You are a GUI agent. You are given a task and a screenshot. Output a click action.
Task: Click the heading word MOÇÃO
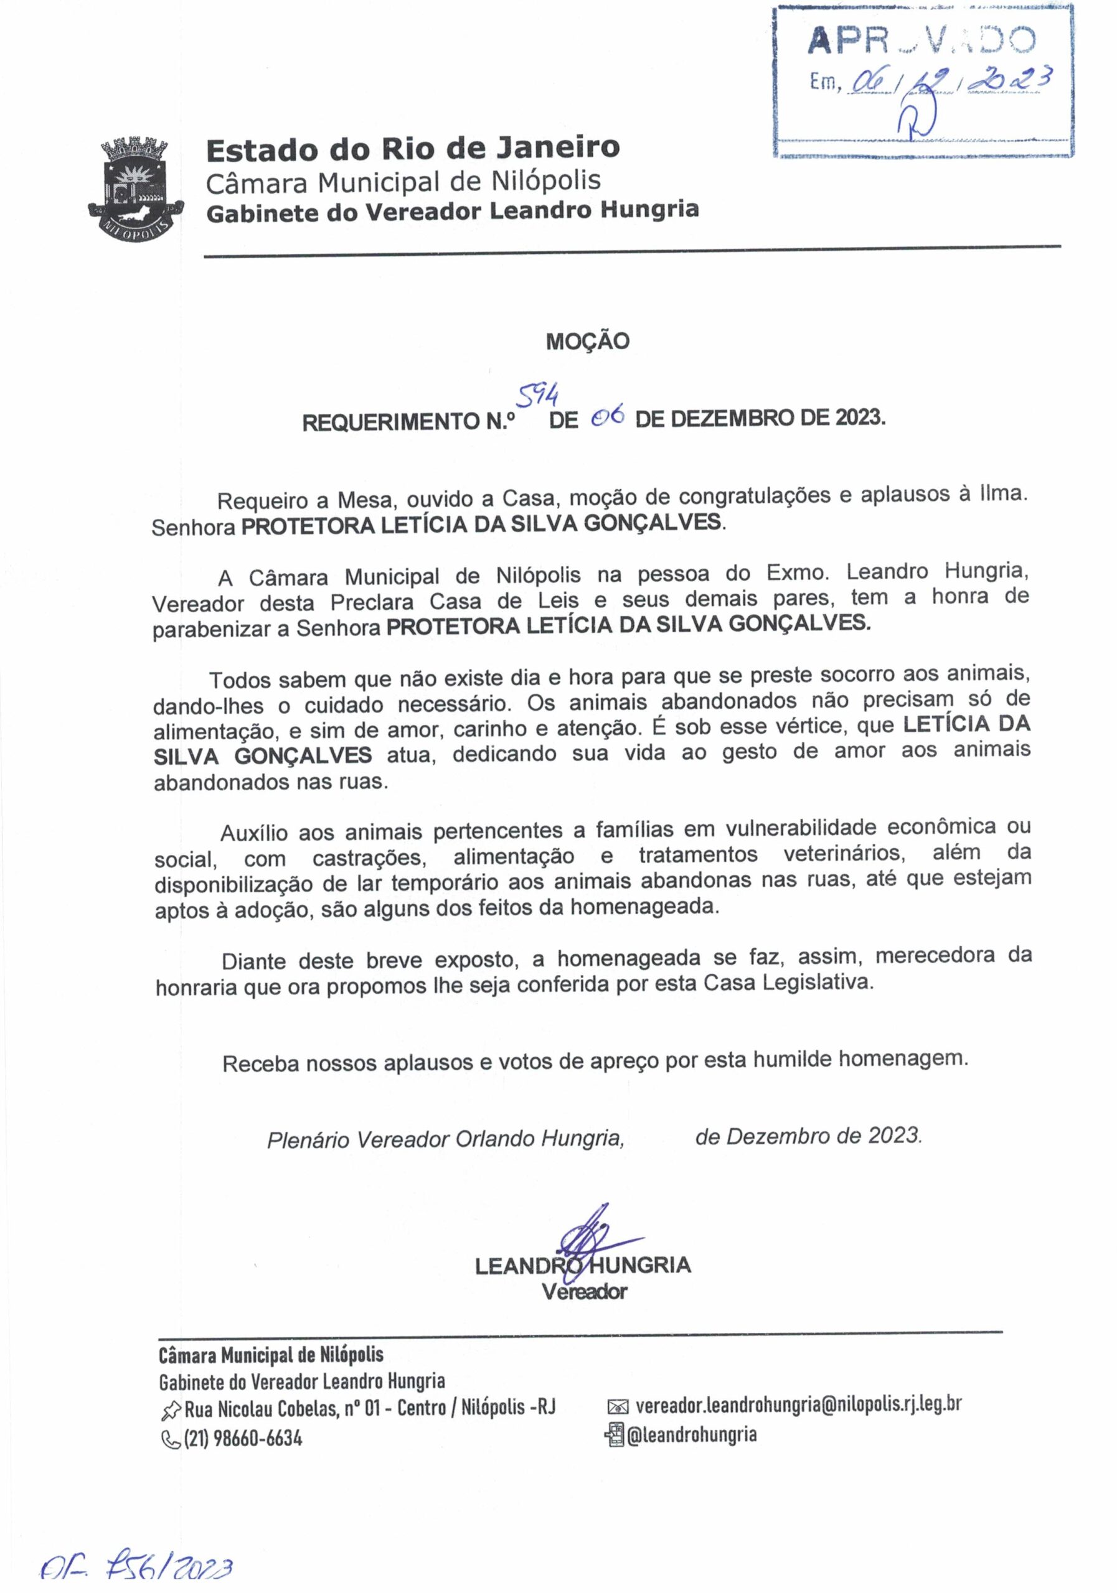(x=587, y=342)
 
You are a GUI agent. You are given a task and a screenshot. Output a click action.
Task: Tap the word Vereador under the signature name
(x=584, y=1291)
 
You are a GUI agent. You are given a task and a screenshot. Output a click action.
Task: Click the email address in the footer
(x=798, y=1404)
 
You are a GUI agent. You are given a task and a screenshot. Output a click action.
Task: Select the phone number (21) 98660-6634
(x=242, y=1438)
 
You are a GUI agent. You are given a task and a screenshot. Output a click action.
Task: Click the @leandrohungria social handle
(x=692, y=1435)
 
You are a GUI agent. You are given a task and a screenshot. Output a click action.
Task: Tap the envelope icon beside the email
(x=617, y=1406)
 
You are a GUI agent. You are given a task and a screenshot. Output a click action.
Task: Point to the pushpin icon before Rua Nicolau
(x=170, y=1410)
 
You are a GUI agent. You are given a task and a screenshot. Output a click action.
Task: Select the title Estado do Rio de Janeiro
(x=412, y=149)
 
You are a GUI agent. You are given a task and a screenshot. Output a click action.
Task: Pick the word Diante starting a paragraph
(x=253, y=961)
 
